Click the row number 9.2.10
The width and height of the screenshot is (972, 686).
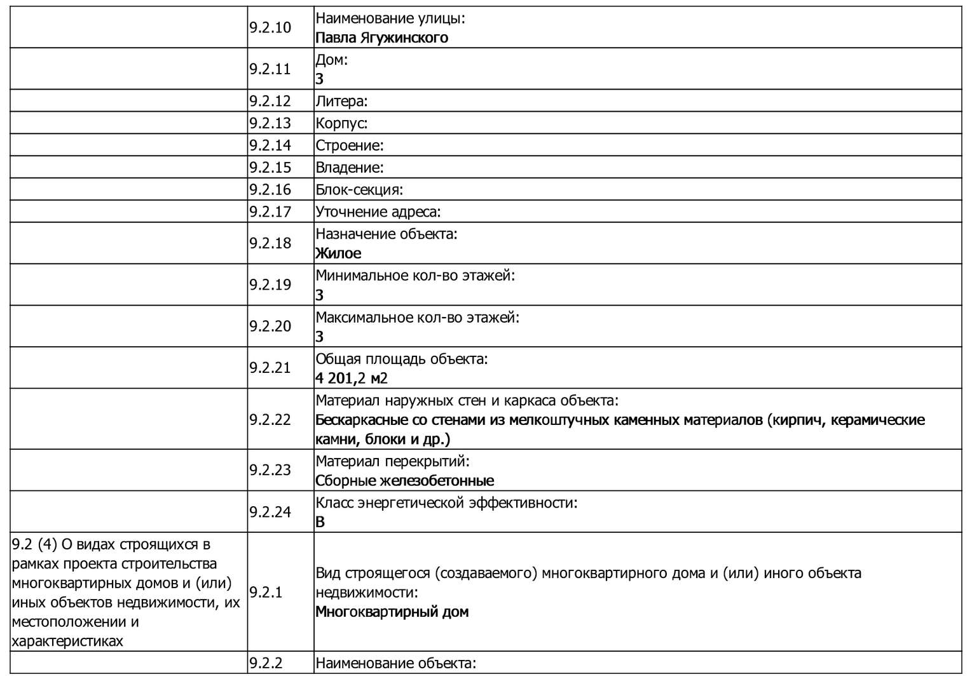pyautogui.click(x=270, y=27)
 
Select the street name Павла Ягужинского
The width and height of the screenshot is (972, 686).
pyautogui.click(x=381, y=37)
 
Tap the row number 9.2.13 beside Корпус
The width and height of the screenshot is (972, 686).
pyautogui.click(x=270, y=123)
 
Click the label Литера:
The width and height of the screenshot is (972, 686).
pyautogui.click(x=341, y=101)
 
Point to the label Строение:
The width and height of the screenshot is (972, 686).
pyautogui.click(x=349, y=145)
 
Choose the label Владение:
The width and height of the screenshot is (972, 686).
pyautogui.click(x=349, y=168)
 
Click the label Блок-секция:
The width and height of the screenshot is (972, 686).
pyautogui.click(x=359, y=190)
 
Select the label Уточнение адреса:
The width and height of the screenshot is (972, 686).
pyautogui.click(x=378, y=212)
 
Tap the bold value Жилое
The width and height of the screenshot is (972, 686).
pyautogui.click(x=338, y=253)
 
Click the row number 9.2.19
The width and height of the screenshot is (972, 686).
pyautogui.click(x=270, y=285)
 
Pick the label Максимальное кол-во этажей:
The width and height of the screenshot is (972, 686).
pyautogui.click(x=417, y=317)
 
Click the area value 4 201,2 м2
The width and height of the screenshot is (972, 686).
pyautogui.click(x=352, y=379)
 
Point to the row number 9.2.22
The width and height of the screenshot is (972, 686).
pyautogui.click(x=270, y=419)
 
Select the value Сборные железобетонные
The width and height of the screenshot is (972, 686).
pyautogui.click(x=404, y=481)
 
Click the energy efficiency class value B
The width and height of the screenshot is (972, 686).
pyautogui.click(x=320, y=522)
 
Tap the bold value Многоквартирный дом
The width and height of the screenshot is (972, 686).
pyautogui.click(x=392, y=612)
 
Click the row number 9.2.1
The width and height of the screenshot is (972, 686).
pyautogui.click(x=266, y=593)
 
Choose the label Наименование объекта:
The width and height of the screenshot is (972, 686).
pyautogui.click(x=395, y=664)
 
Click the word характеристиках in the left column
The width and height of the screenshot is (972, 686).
pyautogui.click(x=67, y=641)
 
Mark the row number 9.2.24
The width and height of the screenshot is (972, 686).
pyautogui.click(x=270, y=512)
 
